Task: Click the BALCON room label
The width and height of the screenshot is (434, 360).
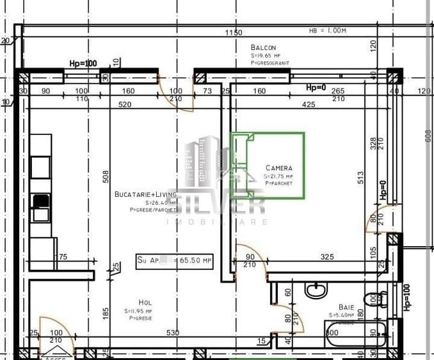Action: [263, 47]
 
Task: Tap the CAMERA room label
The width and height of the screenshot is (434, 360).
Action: [278, 168]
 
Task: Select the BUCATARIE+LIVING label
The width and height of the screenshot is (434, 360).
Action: [145, 194]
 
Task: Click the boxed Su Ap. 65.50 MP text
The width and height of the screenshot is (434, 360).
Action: [174, 260]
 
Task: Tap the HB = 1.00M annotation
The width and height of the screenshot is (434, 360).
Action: [327, 30]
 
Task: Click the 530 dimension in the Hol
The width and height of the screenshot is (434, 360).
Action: [172, 333]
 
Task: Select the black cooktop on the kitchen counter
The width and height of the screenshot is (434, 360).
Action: [40, 201]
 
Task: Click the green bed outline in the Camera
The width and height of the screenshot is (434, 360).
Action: [268, 165]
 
